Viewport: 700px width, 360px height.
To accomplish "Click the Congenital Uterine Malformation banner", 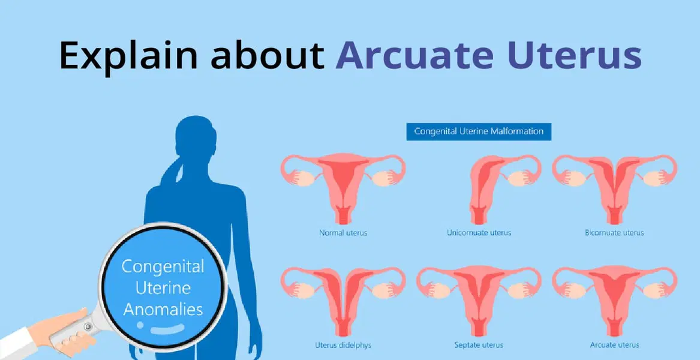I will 479,131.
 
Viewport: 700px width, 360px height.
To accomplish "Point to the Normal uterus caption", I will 343,233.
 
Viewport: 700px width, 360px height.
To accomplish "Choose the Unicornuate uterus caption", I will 479,233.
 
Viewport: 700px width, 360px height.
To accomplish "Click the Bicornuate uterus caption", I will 614,233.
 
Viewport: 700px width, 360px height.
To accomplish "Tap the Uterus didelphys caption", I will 343,345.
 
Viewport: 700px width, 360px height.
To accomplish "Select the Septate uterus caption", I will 479,345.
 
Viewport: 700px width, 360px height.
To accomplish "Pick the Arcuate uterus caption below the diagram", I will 614,345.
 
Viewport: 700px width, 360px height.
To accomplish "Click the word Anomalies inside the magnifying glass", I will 163,309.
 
